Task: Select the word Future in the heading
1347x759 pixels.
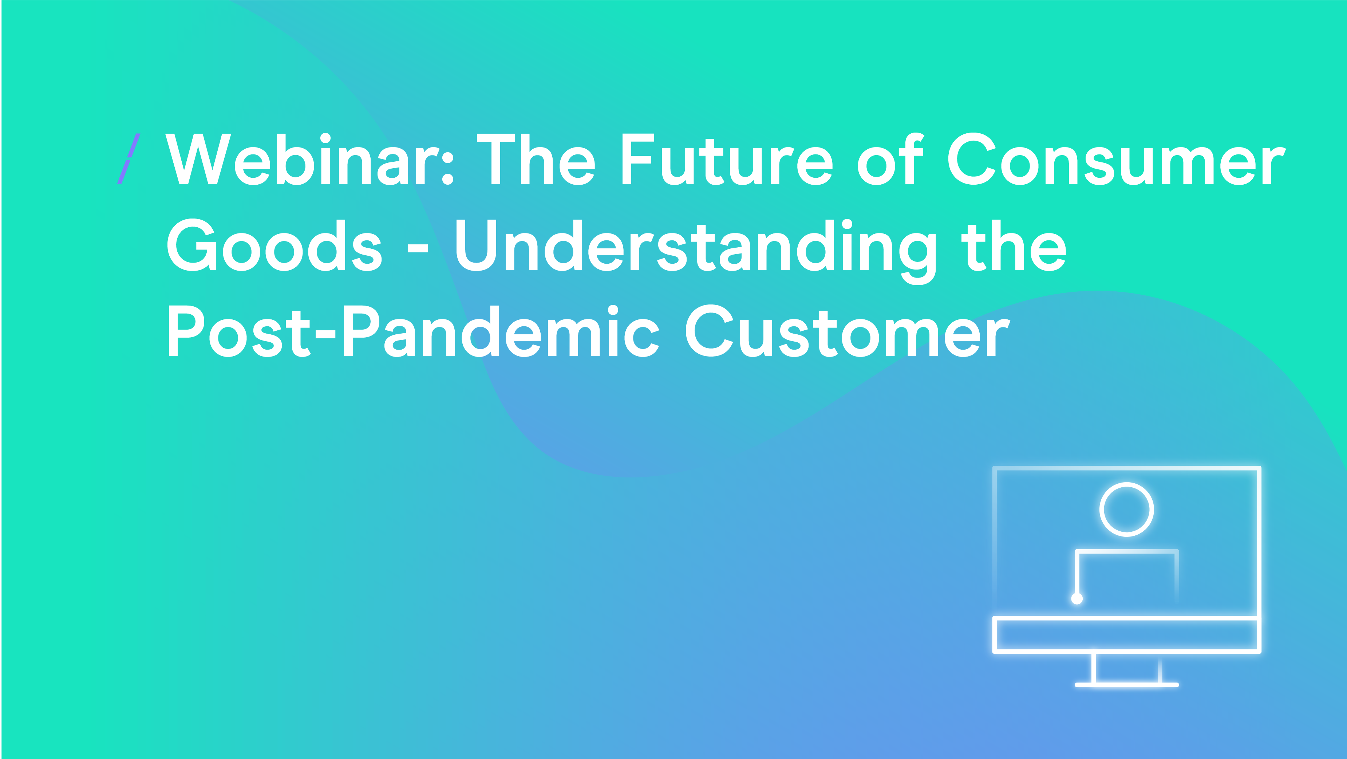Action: coord(727,159)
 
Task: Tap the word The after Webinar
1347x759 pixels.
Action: coord(536,159)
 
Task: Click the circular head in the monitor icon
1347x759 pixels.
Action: coord(1127,484)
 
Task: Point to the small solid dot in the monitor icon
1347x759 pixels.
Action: coord(1077,598)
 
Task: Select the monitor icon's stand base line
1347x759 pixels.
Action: coord(1127,684)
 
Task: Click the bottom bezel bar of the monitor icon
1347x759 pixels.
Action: coord(1127,619)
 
